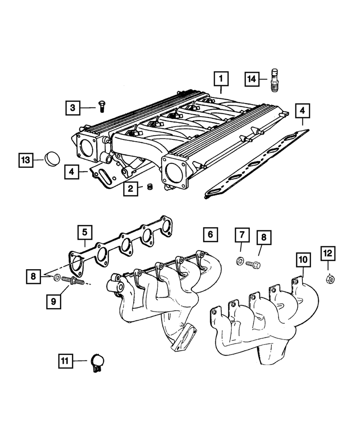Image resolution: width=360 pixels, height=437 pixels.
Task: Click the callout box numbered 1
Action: [221, 79]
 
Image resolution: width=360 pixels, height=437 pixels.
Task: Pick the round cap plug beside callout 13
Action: [52, 159]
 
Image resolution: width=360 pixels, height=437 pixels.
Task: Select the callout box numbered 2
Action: [130, 189]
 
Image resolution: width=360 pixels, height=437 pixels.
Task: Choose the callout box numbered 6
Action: [210, 235]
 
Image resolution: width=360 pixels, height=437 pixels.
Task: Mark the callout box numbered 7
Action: [241, 236]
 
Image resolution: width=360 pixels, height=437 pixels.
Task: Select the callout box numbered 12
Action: [328, 253]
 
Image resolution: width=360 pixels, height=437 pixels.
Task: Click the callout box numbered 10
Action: [303, 260]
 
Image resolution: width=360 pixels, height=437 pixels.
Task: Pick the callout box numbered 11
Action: [65, 361]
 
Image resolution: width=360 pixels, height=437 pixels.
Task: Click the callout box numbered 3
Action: [73, 107]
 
